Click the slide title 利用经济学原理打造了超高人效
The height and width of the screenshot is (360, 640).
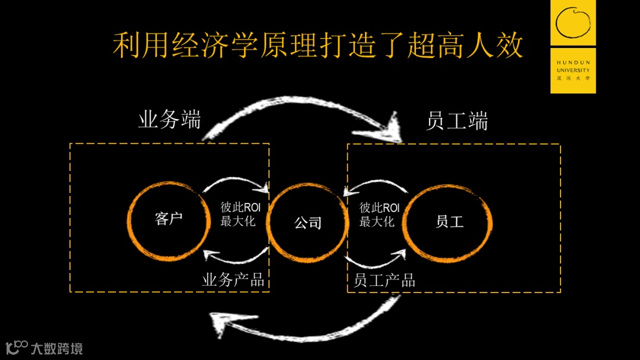coord(318,46)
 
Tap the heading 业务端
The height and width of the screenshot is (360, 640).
coord(169,120)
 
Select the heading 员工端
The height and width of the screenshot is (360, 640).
coord(457,121)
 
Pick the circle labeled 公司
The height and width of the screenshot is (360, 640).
coord(308,223)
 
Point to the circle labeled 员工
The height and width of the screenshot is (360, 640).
coord(449,222)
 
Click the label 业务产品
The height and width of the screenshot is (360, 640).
coord(233,279)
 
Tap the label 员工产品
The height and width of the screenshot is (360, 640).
coord(385,280)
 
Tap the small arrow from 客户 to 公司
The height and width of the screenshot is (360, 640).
coord(236,184)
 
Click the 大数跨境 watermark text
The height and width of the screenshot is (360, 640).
coord(57,348)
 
